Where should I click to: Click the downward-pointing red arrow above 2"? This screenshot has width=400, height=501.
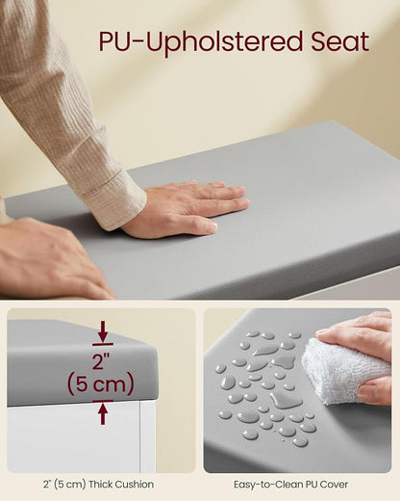(103, 331)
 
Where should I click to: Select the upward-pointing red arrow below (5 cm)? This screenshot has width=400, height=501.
(103, 414)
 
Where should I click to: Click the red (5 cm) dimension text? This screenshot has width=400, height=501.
(100, 384)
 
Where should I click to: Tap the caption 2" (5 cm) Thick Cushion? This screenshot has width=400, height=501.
(98, 484)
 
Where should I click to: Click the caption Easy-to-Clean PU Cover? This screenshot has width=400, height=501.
(290, 484)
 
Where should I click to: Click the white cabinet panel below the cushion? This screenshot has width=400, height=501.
(74, 436)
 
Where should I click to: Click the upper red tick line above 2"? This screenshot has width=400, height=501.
(103, 344)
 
